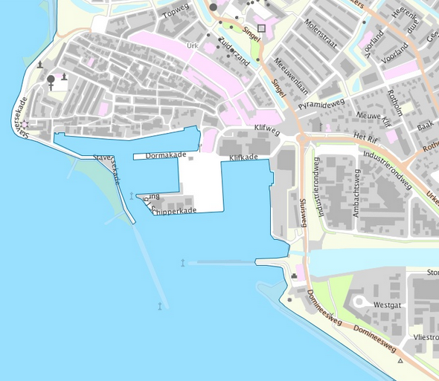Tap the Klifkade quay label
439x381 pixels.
pyautogui.click(x=243, y=157)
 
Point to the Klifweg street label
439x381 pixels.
pyautogui.click(x=266, y=128)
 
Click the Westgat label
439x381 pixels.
pyautogui.click(x=388, y=305)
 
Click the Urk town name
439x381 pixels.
pyautogui.click(x=192, y=45)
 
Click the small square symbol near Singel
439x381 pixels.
pyautogui.click(x=261, y=28)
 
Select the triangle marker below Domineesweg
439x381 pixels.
pyautogui.click(x=400, y=361)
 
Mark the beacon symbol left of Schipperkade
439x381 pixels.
pyautogui.click(x=131, y=196)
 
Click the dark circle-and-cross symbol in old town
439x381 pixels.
pyautogui.click(x=51, y=80)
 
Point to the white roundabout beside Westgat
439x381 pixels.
pyautogui.click(x=361, y=303)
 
